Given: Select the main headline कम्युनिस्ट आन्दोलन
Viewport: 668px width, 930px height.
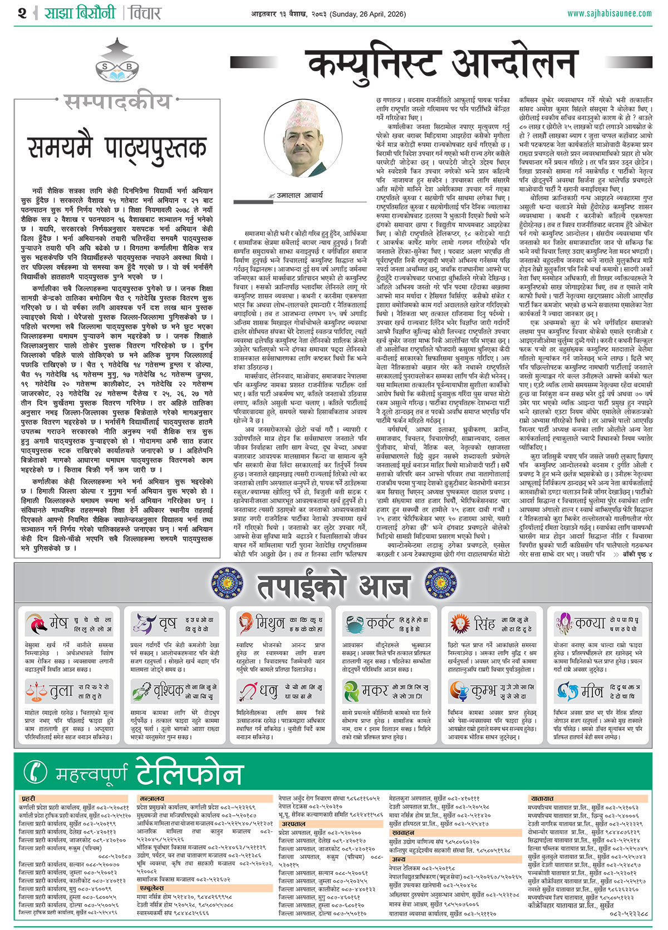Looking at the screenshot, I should coord(443,63).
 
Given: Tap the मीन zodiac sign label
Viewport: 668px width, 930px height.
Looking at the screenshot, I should coord(592,691).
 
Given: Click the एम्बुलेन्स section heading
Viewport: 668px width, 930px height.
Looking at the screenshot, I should coord(151,889).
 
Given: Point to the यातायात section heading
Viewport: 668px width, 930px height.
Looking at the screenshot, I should coord(542,799).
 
